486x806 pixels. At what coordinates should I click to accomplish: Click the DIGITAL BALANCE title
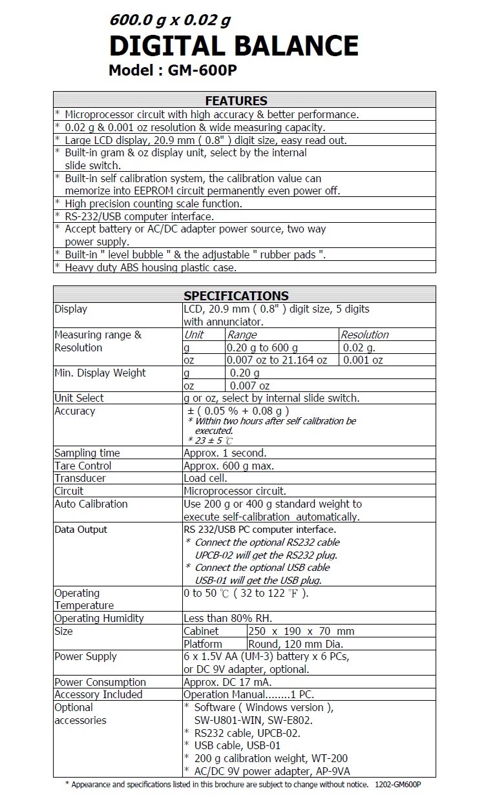click(233, 46)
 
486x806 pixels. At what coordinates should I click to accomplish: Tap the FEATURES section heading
click(236, 101)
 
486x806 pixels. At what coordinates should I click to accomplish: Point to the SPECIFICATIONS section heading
click(236, 296)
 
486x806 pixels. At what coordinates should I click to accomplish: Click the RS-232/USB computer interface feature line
click(138, 216)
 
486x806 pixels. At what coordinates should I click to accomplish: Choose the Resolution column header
click(364, 335)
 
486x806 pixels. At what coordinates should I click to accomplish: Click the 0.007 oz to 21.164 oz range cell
click(277, 360)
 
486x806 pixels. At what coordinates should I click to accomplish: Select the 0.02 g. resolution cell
click(359, 347)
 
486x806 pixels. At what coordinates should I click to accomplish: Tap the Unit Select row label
click(79, 398)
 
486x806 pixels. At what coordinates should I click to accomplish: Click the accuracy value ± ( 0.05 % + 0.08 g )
click(238, 411)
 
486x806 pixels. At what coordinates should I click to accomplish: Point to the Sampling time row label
click(87, 453)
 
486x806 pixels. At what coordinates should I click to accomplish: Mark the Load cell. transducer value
click(205, 478)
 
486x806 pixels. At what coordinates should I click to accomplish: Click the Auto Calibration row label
click(91, 504)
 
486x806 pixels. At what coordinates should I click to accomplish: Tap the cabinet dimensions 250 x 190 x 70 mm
click(301, 631)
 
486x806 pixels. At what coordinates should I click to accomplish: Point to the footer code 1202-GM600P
click(397, 785)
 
